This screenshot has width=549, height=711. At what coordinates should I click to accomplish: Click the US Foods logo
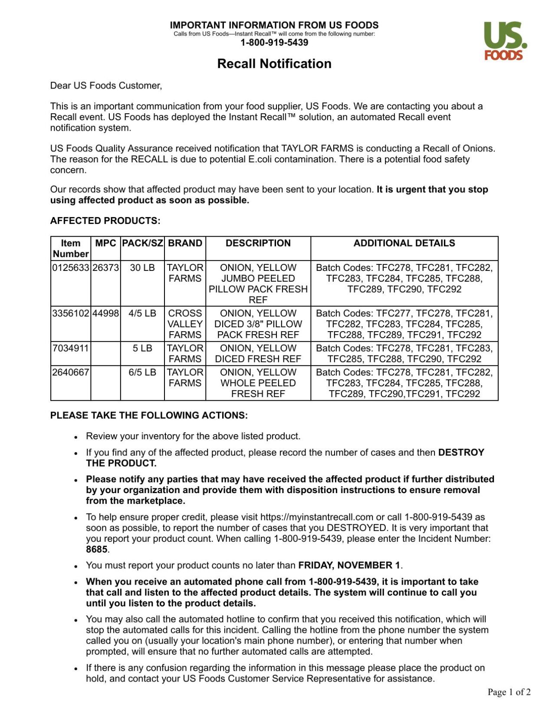[x=505, y=41]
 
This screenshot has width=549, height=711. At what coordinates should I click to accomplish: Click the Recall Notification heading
[x=274, y=64]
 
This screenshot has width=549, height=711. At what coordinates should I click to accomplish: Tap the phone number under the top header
[x=274, y=43]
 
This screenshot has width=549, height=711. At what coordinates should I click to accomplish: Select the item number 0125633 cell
[x=70, y=268]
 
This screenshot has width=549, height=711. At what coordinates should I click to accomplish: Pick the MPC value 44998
[x=105, y=313]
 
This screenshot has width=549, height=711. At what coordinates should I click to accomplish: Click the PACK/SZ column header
[x=142, y=243]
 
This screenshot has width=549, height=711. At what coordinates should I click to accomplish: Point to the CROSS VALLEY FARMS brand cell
[x=185, y=324]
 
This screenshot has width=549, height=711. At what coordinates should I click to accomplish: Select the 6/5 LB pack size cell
[x=142, y=372]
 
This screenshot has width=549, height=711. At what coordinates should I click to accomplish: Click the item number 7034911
[x=70, y=348]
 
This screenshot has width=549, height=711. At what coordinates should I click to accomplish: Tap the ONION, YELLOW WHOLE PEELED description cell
[x=258, y=383]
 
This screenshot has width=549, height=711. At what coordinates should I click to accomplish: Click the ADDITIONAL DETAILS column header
[x=404, y=243]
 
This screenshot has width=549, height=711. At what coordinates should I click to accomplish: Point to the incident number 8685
[x=96, y=550]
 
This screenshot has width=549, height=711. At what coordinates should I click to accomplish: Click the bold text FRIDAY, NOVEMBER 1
[x=349, y=565]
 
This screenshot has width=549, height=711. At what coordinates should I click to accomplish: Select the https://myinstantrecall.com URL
[x=316, y=517]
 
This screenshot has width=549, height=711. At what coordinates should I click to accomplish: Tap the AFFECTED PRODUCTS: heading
[x=105, y=221]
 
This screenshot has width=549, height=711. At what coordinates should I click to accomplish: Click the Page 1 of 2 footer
[x=509, y=692]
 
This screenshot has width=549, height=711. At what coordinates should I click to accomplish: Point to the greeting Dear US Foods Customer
[x=106, y=86]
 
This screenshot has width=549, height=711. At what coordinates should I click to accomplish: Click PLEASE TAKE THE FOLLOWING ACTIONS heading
[x=149, y=415]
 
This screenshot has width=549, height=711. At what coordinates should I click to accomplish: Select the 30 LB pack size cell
[x=142, y=268]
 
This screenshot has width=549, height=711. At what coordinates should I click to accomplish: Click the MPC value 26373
[x=105, y=268]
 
